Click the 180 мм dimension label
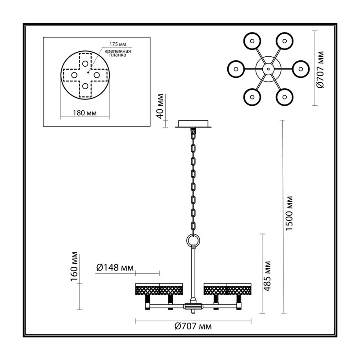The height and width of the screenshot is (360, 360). (x=85, y=113)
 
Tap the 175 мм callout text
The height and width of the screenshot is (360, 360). (x=118, y=44)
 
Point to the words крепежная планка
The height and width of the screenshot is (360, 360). (x=118, y=53)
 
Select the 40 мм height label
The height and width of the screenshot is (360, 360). (x=160, y=106)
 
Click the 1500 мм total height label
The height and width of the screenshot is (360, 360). (x=289, y=213)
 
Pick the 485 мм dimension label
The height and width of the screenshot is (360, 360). (x=267, y=276)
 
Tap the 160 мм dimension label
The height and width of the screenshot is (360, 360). (x=74, y=266)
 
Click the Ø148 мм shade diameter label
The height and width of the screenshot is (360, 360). (x=115, y=267)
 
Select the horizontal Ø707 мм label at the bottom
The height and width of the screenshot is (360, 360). (x=193, y=326)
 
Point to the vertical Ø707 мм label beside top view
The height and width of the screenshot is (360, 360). (x=320, y=69)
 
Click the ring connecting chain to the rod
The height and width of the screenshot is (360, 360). (x=193, y=241)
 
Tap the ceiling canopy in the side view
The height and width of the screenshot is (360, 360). (x=193, y=124)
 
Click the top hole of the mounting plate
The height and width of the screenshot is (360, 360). (x=85, y=63)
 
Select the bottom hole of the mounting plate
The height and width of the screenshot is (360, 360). (x=85, y=86)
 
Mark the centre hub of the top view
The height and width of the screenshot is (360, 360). (x=268, y=69)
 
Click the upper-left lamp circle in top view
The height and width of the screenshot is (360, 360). (x=252, y=41)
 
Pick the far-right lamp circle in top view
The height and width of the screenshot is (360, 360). (x=301, y=69)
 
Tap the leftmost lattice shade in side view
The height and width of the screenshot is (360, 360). (x=148, y=289)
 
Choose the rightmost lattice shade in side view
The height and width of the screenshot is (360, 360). (x=239, y=289)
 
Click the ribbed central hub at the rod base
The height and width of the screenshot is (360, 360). (x=193, y=306)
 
